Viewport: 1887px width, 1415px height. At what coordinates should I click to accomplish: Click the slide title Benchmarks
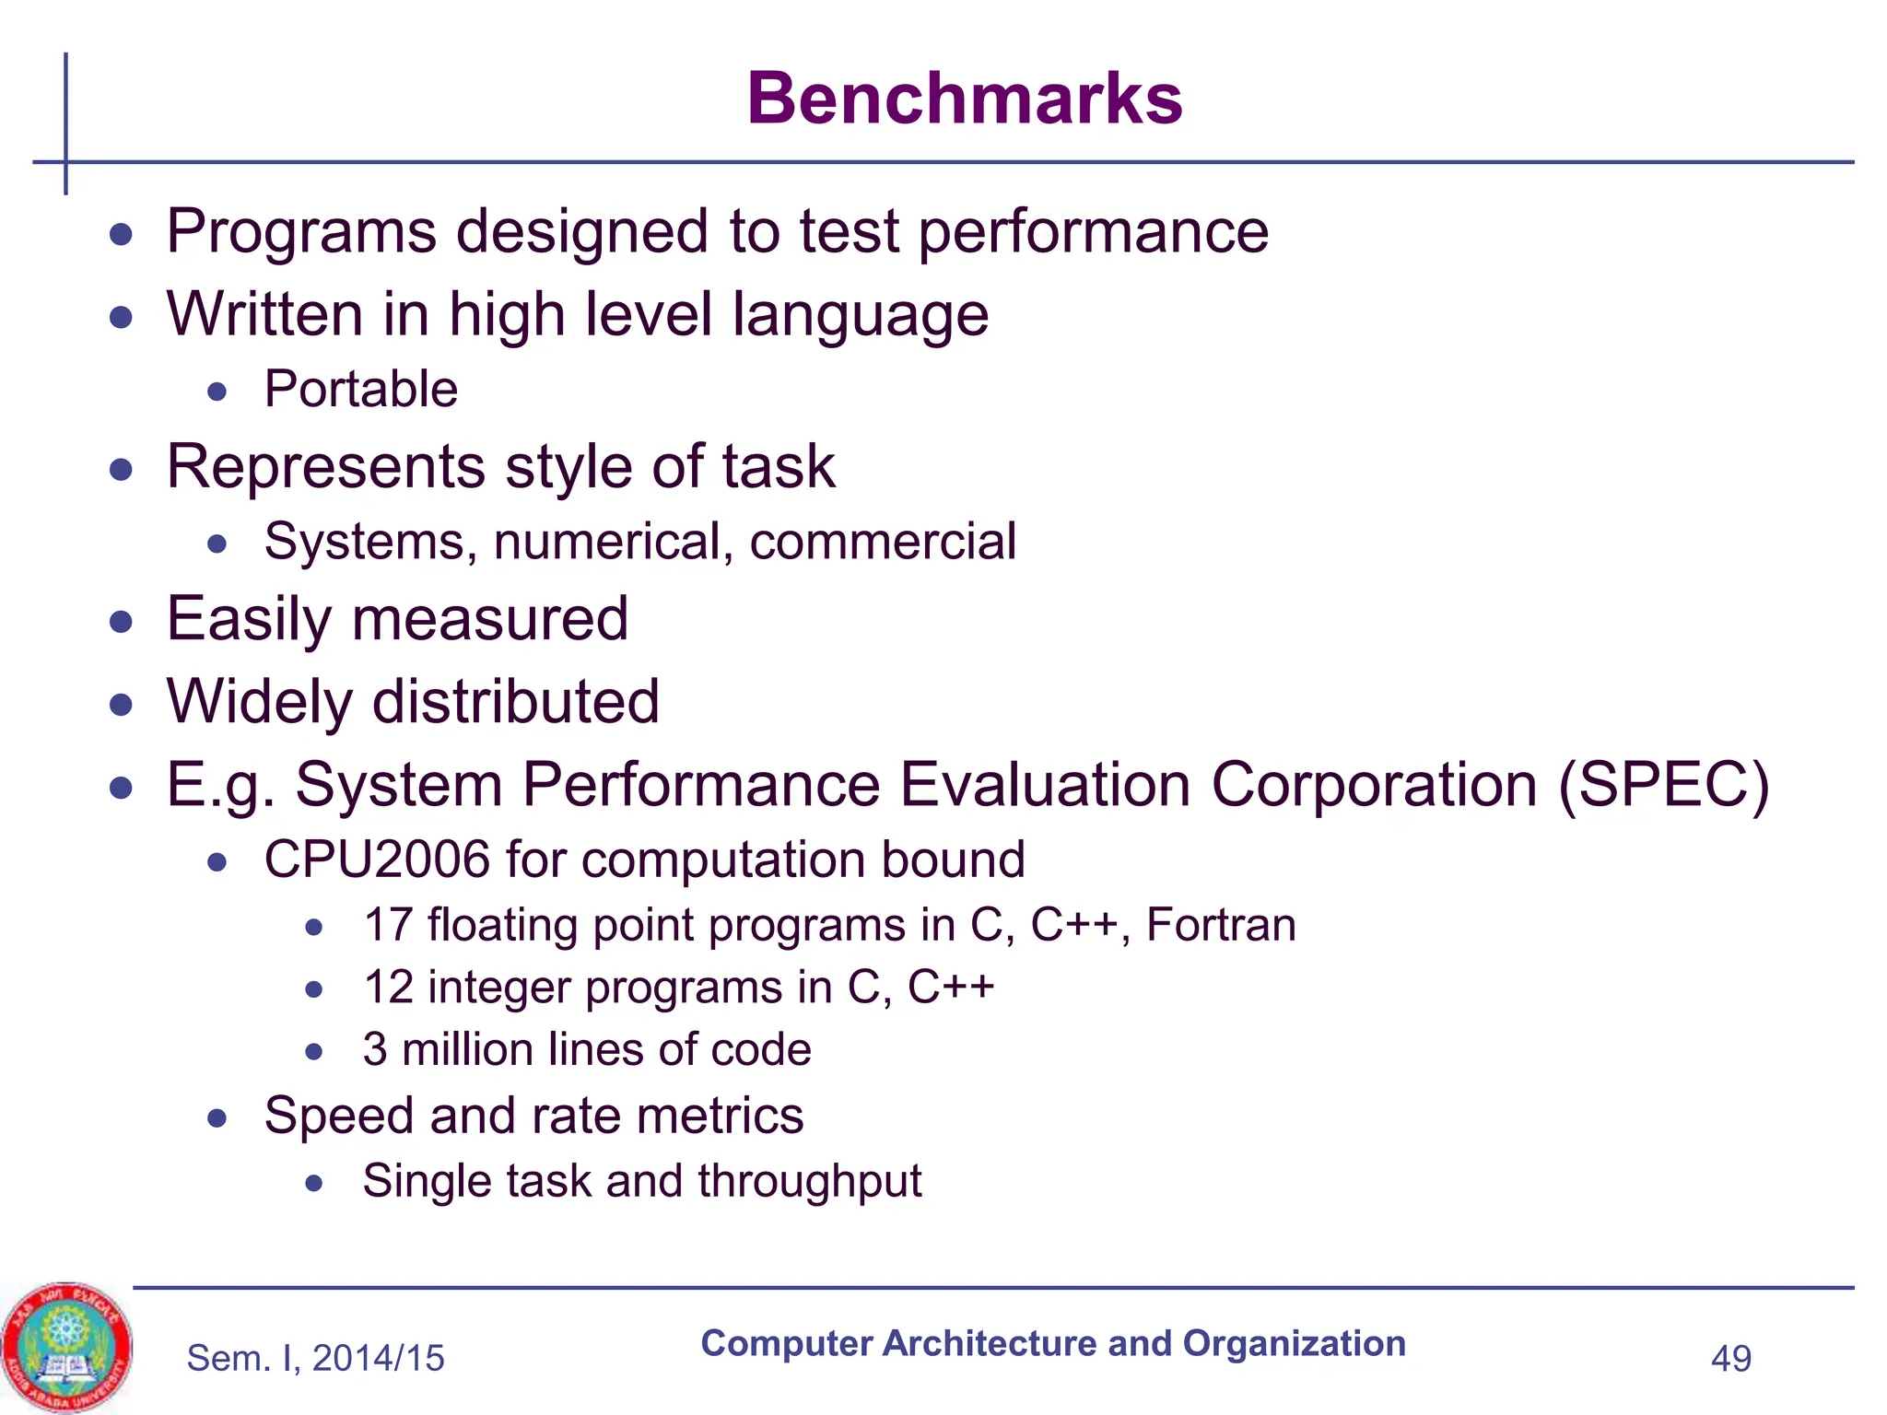point(964,99)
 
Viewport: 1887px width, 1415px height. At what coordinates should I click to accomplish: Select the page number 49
point(1730,1359)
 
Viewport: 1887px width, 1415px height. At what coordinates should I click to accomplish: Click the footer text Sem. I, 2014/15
point(315,1359)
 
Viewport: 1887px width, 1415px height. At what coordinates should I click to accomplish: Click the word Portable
point(360,389)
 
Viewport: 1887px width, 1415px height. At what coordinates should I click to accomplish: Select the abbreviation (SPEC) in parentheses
point(1663,785)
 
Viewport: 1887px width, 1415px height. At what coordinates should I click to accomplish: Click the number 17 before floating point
point(387,925)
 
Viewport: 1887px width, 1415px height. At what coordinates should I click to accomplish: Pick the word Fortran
point(1221,925)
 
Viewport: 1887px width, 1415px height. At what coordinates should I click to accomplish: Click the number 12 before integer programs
point(387,988)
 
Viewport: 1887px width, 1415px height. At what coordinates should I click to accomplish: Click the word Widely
point(259,703)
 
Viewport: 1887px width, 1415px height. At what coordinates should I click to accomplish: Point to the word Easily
point(248,620)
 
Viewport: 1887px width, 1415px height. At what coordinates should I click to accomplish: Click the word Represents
point(325,467)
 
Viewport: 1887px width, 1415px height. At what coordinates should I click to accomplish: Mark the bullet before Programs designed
point(121,234)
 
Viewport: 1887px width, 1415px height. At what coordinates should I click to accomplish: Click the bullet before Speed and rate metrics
point(217,1118)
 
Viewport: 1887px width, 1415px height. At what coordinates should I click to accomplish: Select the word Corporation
point(1374,785)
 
